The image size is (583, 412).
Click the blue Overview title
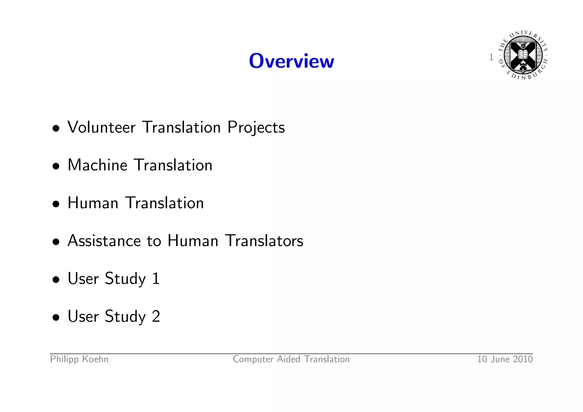pyautogui.click(x=291, y=61)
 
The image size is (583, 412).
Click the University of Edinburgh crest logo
pyautogui.click(x=523, y=55)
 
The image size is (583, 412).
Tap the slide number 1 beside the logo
pyautogui.click(x=491, y=57)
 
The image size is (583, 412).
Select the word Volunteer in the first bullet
pyautogui.click(x=101, y=127)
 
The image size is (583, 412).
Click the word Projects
pyautogui.click(x=256, y=127)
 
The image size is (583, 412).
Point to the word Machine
pyautogui.click(x=97, y=165)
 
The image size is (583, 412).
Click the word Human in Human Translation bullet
pyautogui.click(x=93, y=203)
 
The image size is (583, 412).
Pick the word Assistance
pyautogui.click(x=104, y=241)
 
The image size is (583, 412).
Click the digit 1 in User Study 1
pyautogui.click(x=156, y=278)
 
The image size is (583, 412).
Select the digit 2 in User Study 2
pyautogui.click(x=156, y=316)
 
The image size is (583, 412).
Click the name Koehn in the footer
pyautogui.click(x=95, y=359)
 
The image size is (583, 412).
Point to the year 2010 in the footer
pyautogui.click(x=523, y=359)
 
